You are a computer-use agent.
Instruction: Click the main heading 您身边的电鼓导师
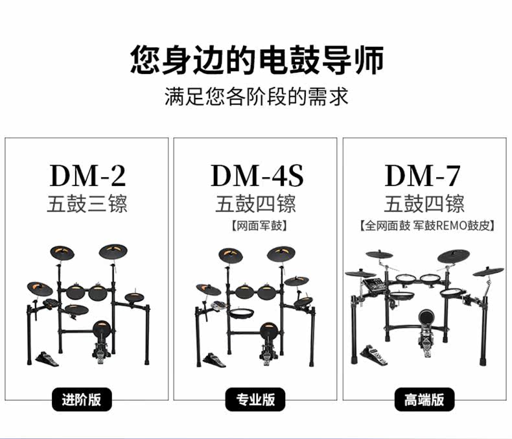(x=256, y=60)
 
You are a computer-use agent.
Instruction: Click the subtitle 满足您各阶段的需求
(x=256, y=97)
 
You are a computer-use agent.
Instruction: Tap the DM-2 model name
(x=87, y=175)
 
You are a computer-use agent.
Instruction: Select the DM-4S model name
(x=257, y=175)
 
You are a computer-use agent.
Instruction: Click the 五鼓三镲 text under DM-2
(x=87, y=204)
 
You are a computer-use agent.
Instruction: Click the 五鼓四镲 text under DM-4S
(x=256, y=204)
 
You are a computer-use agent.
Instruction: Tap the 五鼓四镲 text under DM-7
(x=424, y=204)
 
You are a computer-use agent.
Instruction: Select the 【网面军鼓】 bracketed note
(x=257, y=226)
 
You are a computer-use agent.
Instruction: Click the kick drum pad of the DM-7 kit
(x=426, y=319)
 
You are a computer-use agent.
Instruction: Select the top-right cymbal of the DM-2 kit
(x=114, y=251)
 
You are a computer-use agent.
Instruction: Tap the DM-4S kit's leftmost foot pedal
(x=214, y=359)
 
